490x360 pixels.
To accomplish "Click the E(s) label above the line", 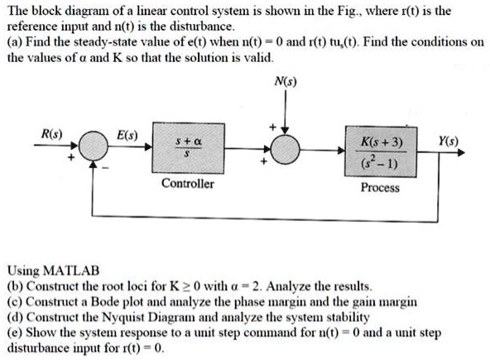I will [x=127, y=134].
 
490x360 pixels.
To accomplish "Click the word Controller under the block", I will [x=188, y=183].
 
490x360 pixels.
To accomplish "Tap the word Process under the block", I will [x=380, y=188].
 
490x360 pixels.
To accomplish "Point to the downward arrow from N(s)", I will [x=286, y=112].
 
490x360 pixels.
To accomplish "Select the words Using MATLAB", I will [x=52, y=270].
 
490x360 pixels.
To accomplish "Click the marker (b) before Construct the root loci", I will [x=14, y=285].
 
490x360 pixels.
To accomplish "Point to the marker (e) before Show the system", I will [x=14, y=331].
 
